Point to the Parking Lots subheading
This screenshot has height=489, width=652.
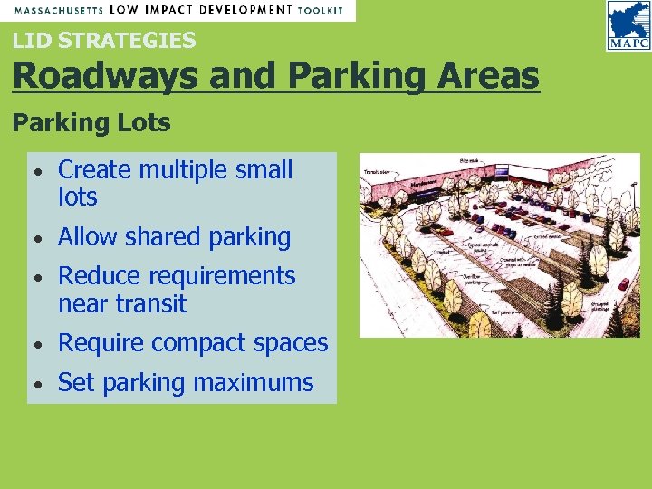pyautogui.click(x=91, y=123)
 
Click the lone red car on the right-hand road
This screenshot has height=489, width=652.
pyautogui.click(x=624, y=284)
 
